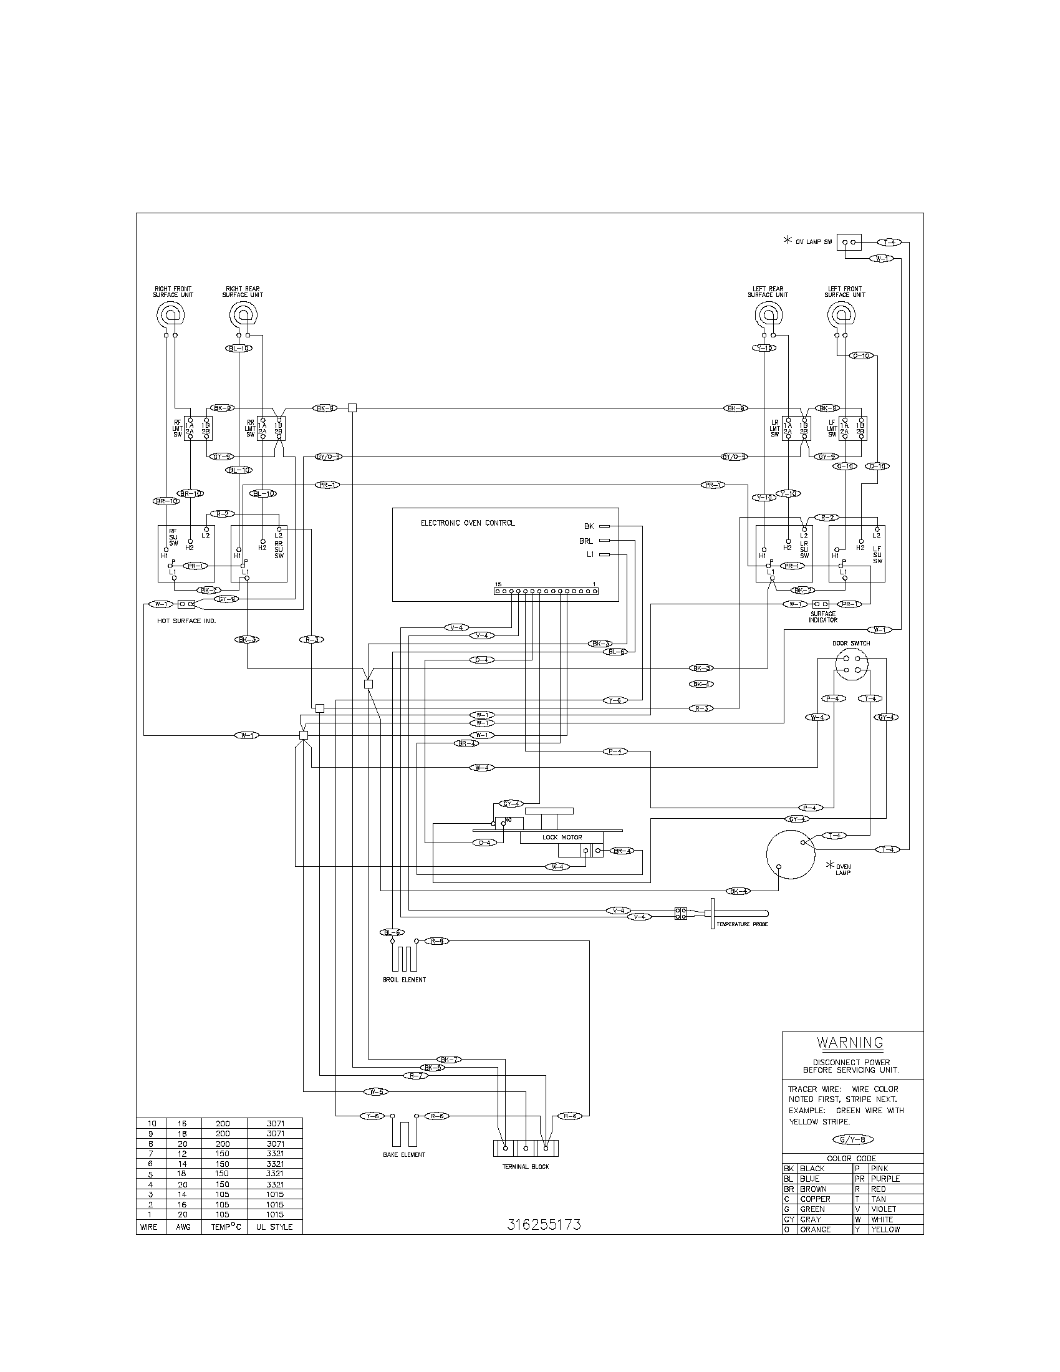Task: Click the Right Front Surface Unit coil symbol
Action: click(170, 314)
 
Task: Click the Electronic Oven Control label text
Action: click(467, 523)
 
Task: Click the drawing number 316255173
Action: click(544, 1224)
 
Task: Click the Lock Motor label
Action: click(562, 837)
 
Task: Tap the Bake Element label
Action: click(404, 1154)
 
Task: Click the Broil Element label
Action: click(404, 979)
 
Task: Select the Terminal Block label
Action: click(526, 1167)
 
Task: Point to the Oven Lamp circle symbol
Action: click(790, 854)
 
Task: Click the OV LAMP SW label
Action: click(813, 242)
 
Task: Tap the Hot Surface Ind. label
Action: click(186, 621)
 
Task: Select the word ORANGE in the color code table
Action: click(815, 1229)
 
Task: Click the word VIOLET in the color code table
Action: click(883, 1209)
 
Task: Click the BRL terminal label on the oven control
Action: click(586, 541)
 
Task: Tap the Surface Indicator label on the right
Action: click(822, 617)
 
